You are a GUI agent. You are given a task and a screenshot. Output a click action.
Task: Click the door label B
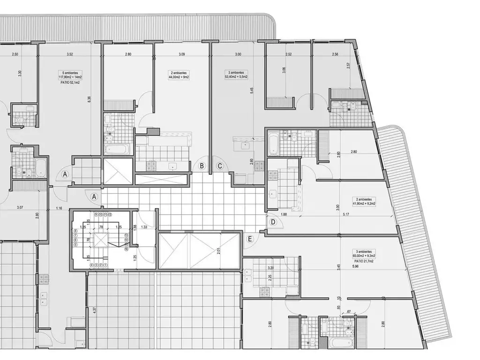coord(202,165)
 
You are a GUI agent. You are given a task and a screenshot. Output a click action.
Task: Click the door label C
coord(219,165)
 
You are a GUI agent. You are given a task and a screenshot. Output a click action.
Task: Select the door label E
coord(250,240)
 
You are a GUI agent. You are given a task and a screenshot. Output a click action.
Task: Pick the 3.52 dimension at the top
coord(70,54)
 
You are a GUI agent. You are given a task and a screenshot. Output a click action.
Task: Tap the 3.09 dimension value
coord(182,54)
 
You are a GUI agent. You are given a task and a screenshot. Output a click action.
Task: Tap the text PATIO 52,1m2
coord(70,82)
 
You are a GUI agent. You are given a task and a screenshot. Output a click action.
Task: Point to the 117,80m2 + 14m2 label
coord(70,77)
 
